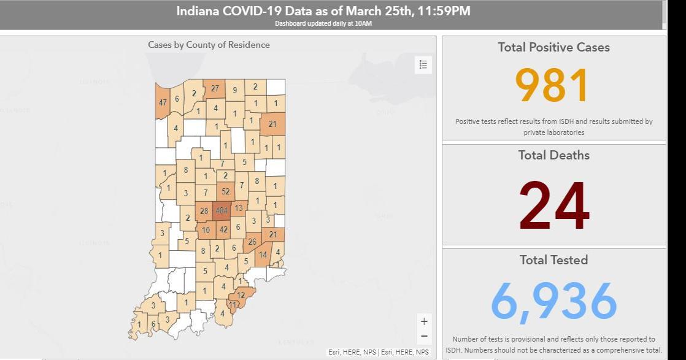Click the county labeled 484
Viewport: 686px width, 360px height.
[222, 211]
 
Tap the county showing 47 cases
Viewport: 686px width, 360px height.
[163, 102]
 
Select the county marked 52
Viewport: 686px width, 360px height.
[226, 191]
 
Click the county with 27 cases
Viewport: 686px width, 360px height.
[215, 88]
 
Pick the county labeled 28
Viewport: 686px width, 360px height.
[204, 212]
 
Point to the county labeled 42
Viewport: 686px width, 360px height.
[223, 230]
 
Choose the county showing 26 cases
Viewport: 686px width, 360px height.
[252, 242]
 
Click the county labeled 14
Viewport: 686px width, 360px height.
[263, 254]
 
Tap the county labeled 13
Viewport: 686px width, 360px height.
[239, 209]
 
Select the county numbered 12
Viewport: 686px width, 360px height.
[241, 295]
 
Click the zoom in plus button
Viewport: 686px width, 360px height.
[424, 321]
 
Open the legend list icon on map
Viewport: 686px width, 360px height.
[423, 64]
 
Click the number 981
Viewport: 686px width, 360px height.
[553, 86]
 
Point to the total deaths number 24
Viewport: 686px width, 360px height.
[554, 205]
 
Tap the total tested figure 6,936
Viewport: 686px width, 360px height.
[553, 301]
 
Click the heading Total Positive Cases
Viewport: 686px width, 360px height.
[553, 47]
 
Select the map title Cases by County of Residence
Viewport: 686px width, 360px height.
[209, 45]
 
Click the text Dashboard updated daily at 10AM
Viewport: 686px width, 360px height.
[323, 24]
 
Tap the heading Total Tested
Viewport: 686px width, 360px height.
[553, 260]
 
